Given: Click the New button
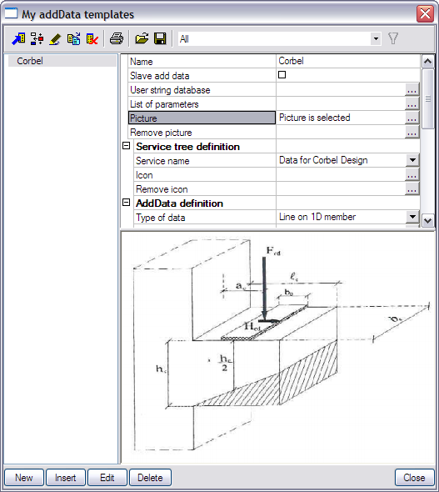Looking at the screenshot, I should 24,478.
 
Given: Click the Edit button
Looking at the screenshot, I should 107,478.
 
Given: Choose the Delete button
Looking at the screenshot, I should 150,478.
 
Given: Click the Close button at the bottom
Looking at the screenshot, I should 414,478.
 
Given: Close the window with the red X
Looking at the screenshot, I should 425,13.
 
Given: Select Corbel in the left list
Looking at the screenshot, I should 30,61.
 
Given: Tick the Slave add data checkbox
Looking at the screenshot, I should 282,75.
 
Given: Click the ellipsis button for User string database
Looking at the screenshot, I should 412,89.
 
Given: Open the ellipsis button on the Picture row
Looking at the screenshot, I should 412,118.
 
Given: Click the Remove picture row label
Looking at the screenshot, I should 161,133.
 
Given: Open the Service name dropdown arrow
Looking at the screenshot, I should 412,160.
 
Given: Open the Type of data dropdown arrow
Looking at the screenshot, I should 412,217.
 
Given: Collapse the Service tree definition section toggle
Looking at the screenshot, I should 127,146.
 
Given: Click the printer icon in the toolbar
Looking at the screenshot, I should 117,38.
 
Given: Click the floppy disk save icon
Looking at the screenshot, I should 160,38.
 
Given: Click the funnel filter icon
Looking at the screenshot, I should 393,38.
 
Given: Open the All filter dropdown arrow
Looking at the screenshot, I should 376,38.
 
